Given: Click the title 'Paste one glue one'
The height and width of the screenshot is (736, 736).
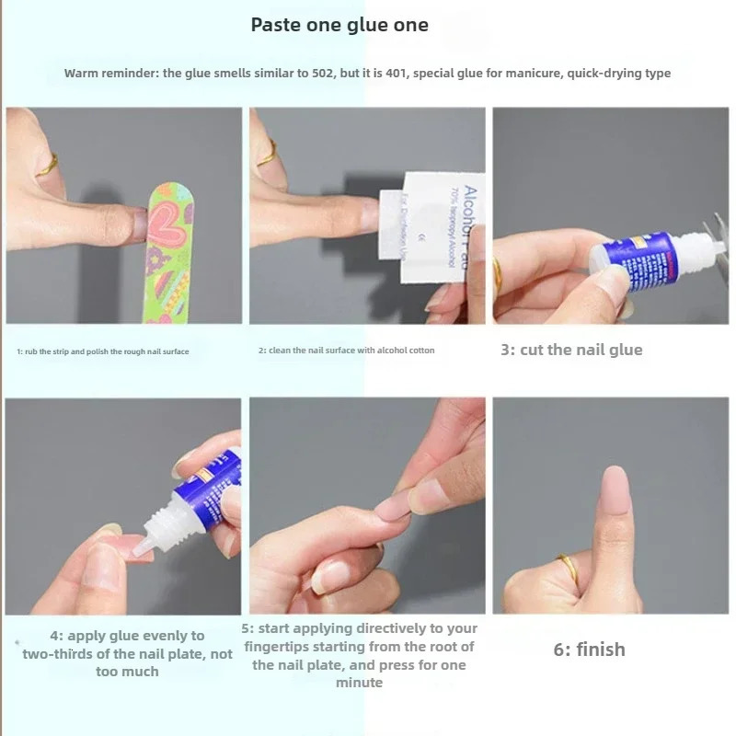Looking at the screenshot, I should click(339, 25).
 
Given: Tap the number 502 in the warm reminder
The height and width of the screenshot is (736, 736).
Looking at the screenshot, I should click(310, 74).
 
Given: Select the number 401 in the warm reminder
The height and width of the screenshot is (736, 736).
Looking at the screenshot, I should click(393, 74).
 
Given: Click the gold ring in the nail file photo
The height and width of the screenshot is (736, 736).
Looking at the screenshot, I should click(47, 166).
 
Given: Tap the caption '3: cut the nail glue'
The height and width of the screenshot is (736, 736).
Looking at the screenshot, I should click(570, 350).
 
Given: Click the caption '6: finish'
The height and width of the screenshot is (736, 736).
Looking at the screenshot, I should click(589, 650).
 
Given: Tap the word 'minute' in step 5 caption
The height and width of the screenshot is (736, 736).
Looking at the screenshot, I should click(359, 683).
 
